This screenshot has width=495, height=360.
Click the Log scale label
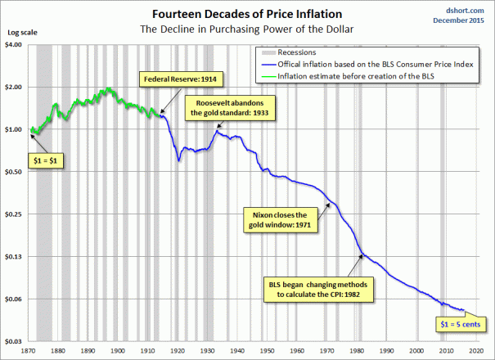click(20, 34)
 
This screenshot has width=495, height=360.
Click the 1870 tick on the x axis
click(29, 351)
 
